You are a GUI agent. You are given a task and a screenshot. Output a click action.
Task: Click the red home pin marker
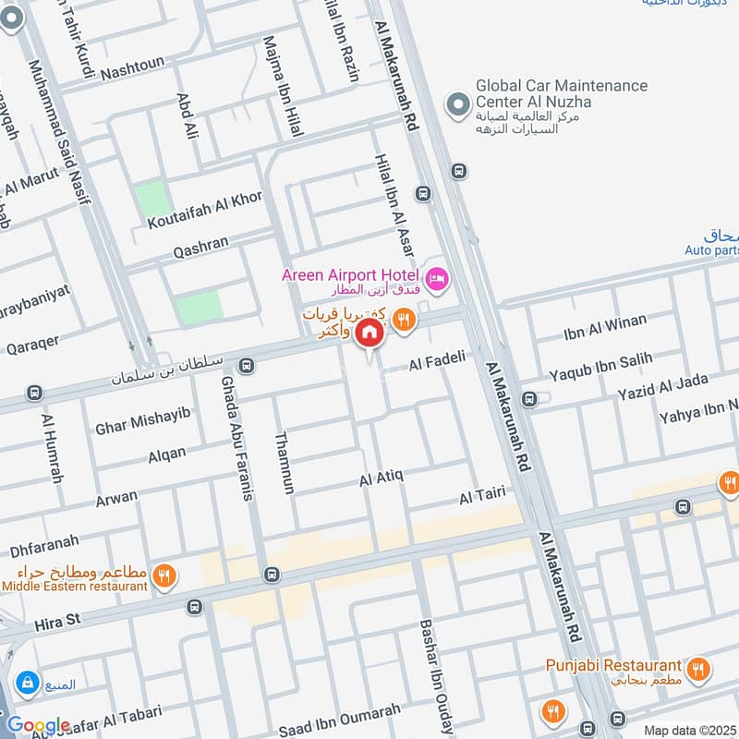369,333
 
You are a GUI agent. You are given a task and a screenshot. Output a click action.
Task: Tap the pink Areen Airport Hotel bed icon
437,276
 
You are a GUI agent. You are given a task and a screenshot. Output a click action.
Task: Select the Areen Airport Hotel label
351,275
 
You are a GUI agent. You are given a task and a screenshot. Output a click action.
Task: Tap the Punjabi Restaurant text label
625,665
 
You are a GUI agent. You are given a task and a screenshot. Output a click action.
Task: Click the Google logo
39,725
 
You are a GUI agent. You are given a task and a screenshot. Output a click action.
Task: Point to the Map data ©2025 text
688,730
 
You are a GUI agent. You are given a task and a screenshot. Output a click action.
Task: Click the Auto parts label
712,250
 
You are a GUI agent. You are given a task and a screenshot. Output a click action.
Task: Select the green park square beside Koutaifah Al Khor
151,199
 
